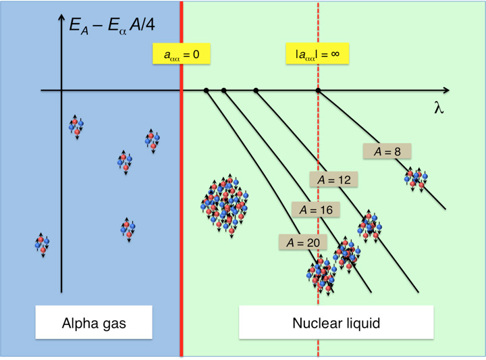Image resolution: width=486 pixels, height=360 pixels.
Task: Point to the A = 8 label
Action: click(x=387, y=152)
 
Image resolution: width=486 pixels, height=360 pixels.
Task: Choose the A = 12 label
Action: click(x=333, y=180)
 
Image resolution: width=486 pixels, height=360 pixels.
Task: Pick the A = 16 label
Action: click(x=315, y=210)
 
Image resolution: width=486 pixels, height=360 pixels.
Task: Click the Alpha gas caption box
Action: click(x=90, y=323)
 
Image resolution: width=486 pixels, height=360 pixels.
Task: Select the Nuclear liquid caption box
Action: click(x=336, y=323)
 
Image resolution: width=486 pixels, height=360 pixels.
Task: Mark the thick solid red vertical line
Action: click(x=181, y=203)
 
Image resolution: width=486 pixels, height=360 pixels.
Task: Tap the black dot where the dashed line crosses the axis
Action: click(x=318, y=90)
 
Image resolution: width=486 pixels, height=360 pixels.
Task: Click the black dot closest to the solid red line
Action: click(x=206, y=90)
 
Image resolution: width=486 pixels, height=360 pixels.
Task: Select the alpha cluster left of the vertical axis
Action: click(x=43, y=244)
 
